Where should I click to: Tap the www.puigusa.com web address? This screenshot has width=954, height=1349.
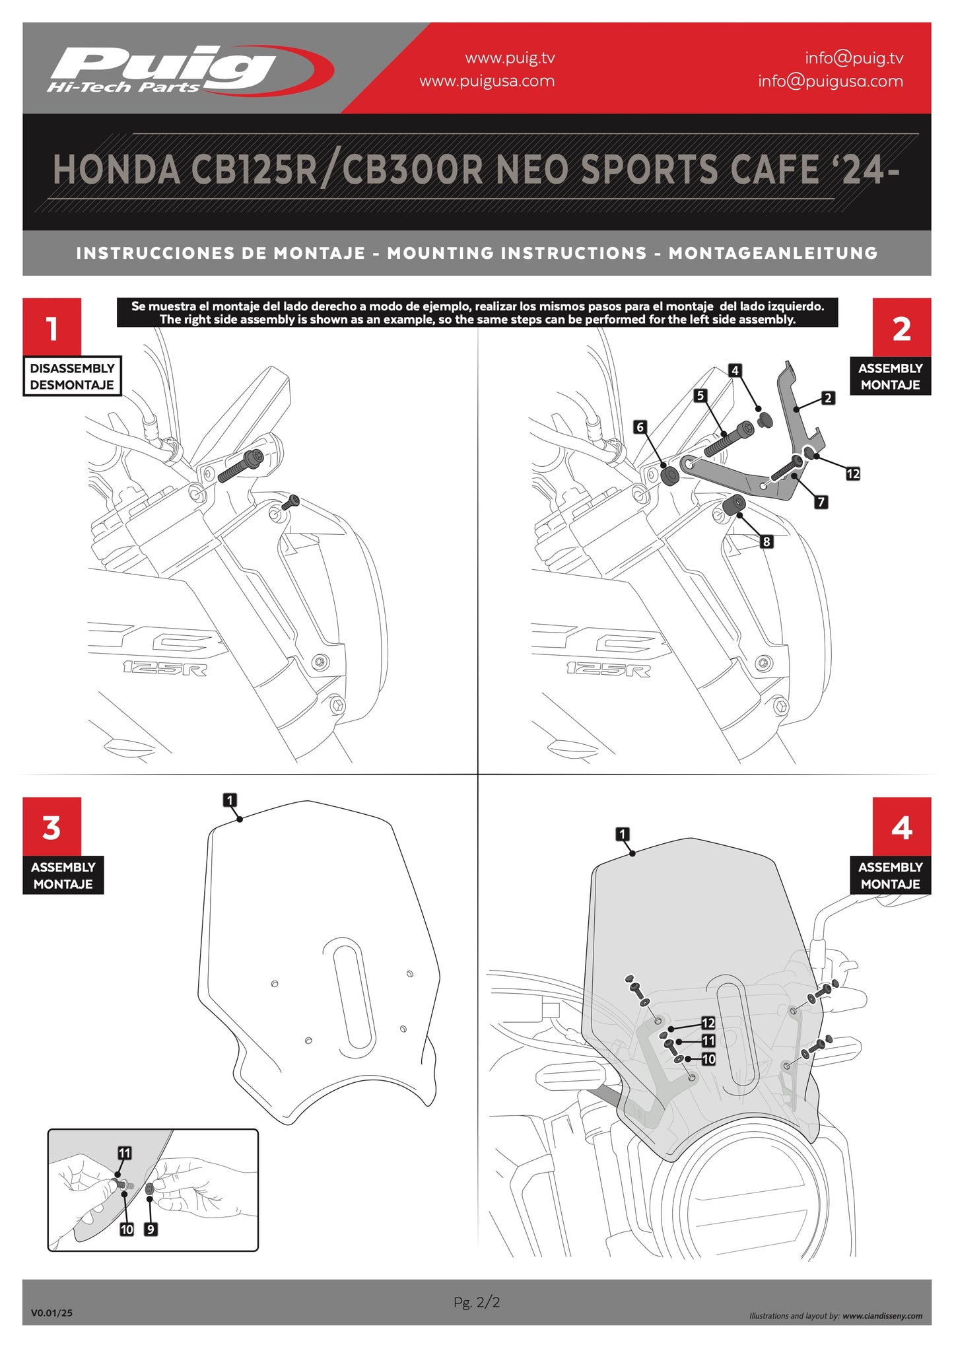coord(487,81)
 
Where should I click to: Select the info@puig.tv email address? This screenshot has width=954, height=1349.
coord(854,58)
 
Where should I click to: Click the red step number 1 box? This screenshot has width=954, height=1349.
coord(51,327)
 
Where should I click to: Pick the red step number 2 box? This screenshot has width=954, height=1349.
coord(901,327)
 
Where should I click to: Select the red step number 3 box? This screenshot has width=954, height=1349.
coord(51,827)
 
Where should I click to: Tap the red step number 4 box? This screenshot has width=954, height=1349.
coord(901,827)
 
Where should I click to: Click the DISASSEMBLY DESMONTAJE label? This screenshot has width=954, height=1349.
coord(72,376)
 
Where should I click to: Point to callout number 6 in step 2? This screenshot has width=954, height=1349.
coord(639,427)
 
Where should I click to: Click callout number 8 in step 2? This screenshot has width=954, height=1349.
coord(766,541)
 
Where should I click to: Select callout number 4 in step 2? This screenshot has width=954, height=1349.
coord(735,370)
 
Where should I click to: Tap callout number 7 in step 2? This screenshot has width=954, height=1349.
coord(821,502)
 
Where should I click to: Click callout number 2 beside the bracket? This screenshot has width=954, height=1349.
coord(827,398)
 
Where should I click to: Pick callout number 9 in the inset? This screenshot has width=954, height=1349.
coord(151,1229)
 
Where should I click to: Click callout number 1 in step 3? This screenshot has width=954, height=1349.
coord(230,800)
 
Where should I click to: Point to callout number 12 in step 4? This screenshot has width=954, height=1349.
coord(708,1023)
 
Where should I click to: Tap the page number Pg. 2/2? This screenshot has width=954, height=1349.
coord(477,1302)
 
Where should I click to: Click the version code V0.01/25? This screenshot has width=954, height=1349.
coord(51,1313)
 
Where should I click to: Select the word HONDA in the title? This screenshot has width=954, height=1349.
coord(116,170)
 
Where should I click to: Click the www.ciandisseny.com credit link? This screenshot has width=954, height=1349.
coord(882,1316)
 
